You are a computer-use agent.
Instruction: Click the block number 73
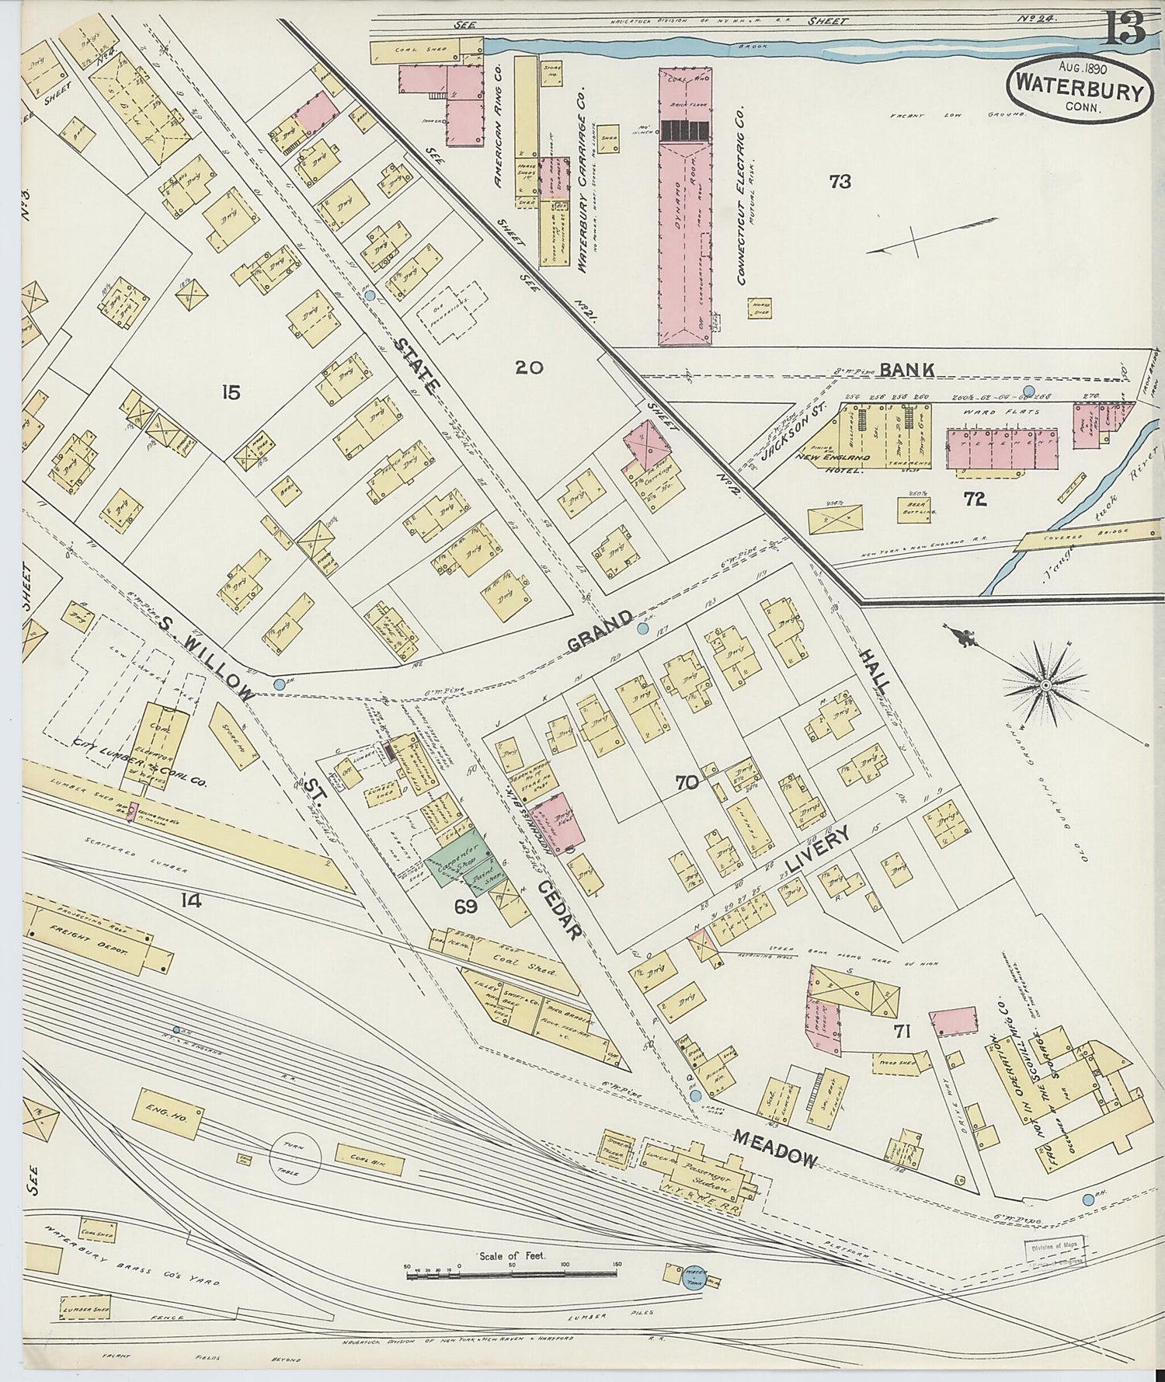840,182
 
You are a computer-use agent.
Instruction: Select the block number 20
528,367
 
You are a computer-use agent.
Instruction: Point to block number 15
230,392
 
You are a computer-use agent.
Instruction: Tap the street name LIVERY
816,852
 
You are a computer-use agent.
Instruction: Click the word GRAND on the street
599,632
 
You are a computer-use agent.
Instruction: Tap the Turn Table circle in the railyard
295,1159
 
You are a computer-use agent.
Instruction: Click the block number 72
975,500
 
